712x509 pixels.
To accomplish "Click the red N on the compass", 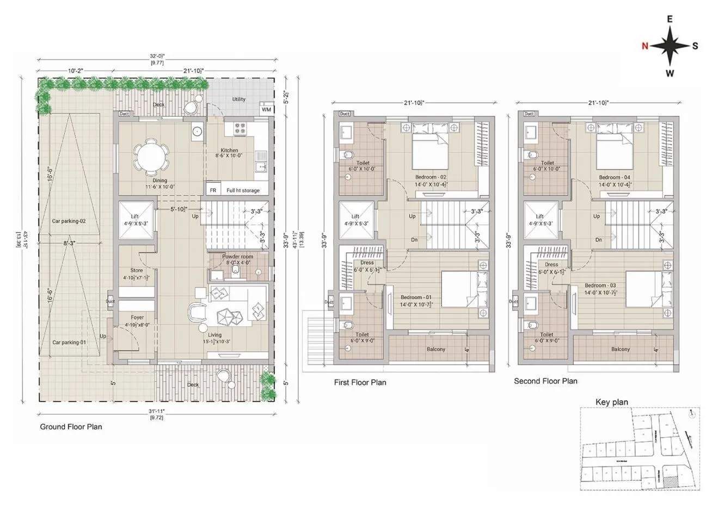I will coord(645,46).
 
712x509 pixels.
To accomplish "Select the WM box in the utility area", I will coord(266,110).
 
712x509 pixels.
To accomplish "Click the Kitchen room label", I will coord(229,151).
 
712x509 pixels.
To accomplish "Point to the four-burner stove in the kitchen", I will coord(241,129).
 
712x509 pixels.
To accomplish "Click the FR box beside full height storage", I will coord(213,190).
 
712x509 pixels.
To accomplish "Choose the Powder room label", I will coord(237,257).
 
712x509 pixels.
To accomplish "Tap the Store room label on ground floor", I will coord(137,270).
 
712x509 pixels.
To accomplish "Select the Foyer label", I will coord(137,318).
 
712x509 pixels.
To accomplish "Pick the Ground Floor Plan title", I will coord(71,427).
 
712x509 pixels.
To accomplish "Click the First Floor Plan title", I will coord(360,382).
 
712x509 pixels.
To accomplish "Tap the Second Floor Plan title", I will coord(545,381).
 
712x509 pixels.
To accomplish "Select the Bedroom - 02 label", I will coord(431,177).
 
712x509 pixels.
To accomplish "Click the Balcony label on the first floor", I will coord(436,349).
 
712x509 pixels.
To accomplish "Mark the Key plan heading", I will coord(611,402).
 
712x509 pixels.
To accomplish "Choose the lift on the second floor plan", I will coord(541,220).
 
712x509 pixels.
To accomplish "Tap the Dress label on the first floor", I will coord(367,263).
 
